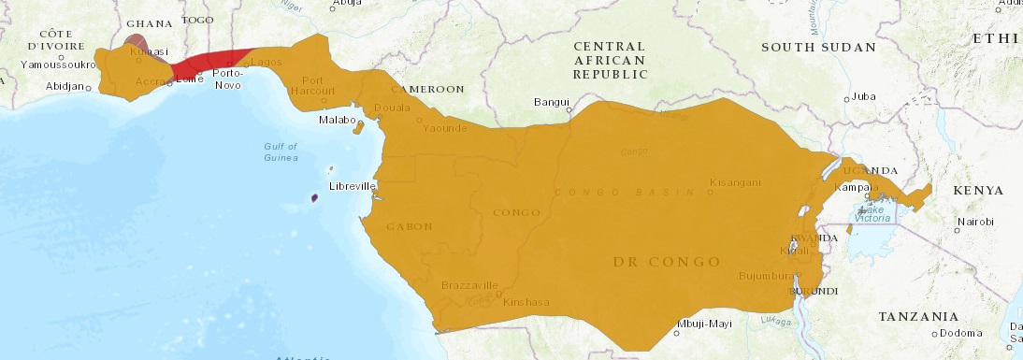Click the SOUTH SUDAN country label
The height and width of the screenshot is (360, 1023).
[818, 47]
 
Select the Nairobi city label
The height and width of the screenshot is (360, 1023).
[975, 224]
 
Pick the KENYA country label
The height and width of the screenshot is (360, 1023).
[978, 191]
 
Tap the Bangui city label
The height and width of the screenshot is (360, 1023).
[551, 102]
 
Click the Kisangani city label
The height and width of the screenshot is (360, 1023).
[735, 182]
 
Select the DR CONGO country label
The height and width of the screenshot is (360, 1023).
[667, 262]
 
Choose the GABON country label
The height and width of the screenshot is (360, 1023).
[408, 227]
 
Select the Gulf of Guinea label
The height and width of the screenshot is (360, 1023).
[280, 151]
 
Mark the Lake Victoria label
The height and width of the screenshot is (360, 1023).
[875, 214]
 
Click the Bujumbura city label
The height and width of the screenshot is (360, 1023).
[765, 276]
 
